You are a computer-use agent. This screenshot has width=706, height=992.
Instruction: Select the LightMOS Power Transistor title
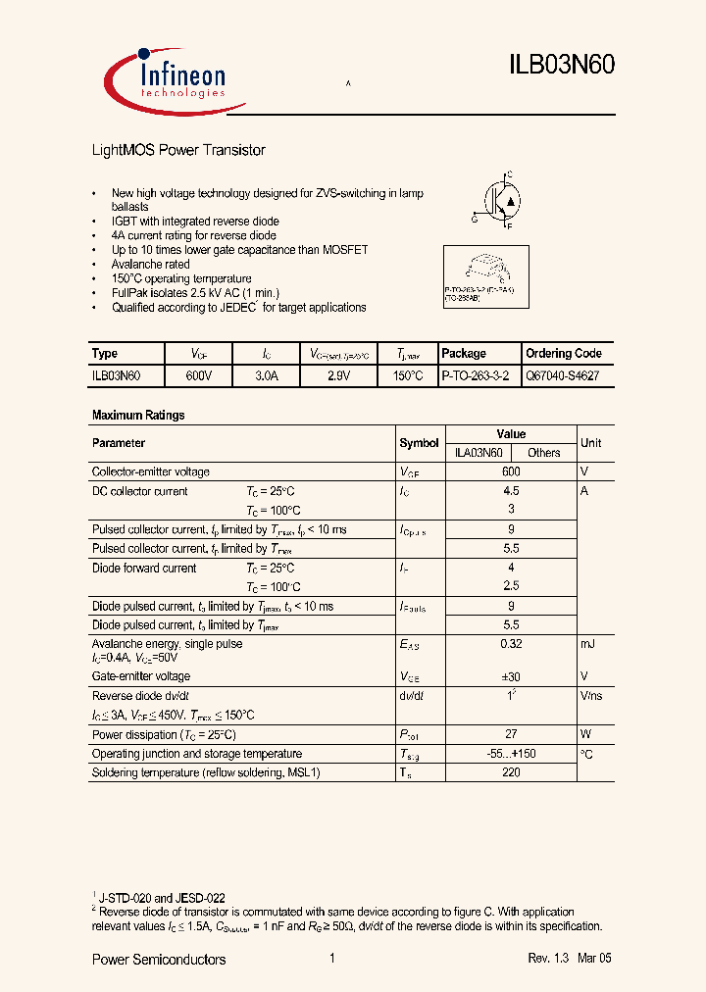[x=178, y=150]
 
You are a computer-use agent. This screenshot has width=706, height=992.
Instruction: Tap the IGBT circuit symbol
[x=500, y=200]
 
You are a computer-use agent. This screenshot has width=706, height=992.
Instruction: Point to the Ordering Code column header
[x=564, y=354]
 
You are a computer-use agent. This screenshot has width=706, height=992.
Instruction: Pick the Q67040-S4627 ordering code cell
[x=563, y=375]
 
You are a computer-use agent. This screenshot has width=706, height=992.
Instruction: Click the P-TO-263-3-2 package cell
[x=476, y=375]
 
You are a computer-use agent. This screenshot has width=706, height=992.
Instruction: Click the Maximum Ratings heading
[x=138, y=416]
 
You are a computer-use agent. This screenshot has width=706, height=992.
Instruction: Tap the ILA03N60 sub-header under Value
[x=479, y=453]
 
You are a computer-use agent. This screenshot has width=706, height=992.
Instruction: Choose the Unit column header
[x=590, y=443]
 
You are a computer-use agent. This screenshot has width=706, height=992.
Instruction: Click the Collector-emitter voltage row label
[x=150, y=472]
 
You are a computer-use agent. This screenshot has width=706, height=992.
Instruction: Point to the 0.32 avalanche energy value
[x=511, y=644]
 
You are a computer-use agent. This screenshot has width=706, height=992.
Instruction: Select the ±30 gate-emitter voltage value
[x=511, y=676]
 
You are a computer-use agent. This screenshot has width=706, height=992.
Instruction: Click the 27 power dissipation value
[x=511, y=734]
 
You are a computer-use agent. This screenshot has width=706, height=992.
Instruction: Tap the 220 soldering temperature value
[x=511, y=772]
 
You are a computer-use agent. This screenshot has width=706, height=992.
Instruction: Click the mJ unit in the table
[x=587, y=644]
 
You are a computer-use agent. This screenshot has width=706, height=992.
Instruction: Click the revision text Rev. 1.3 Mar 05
[x=569, y=959]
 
